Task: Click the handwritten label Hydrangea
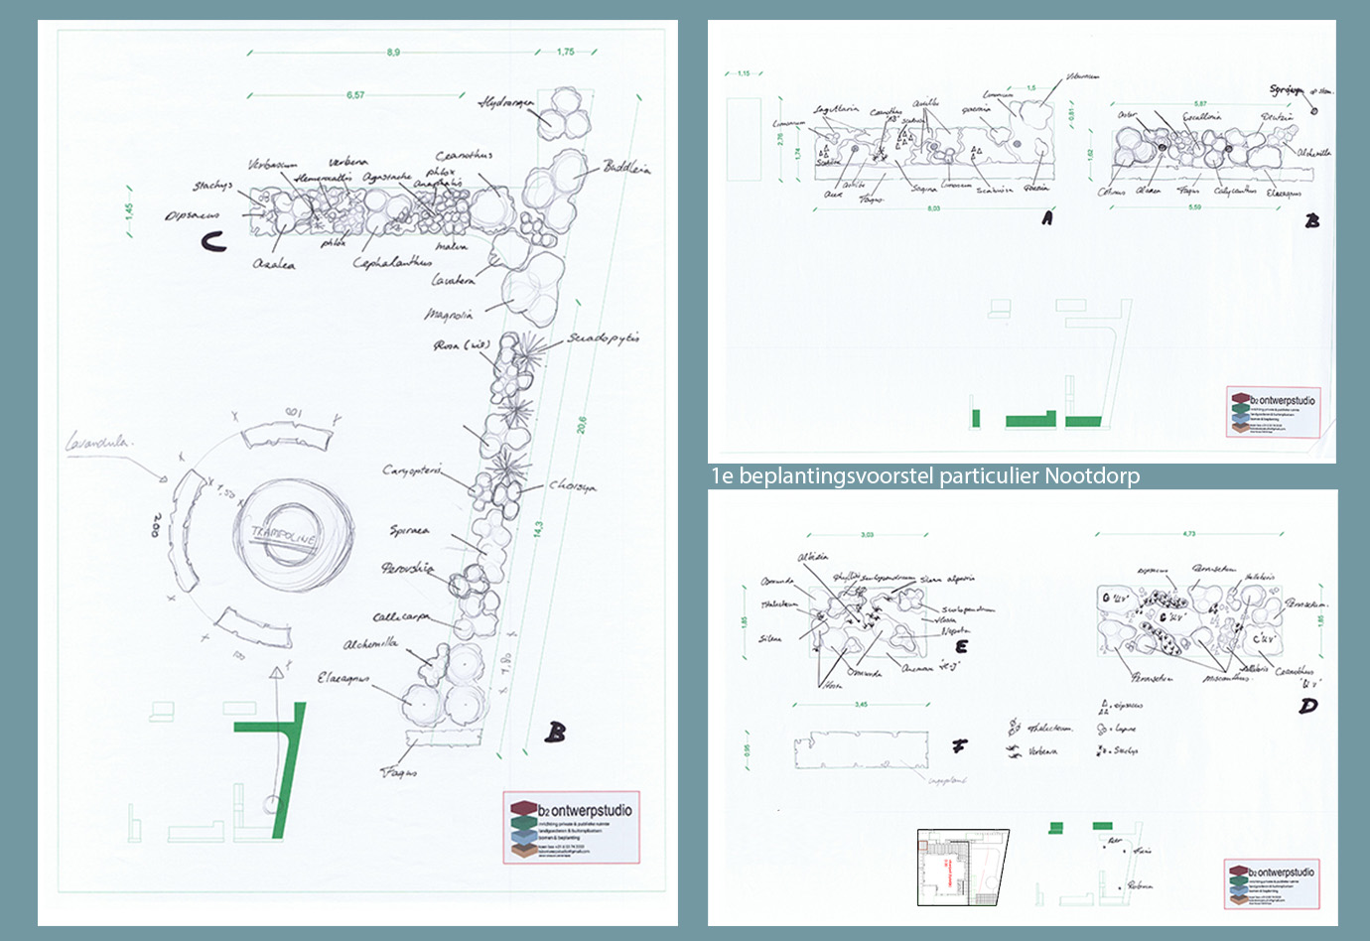tap(506, 103)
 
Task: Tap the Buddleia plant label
tap(626, 168)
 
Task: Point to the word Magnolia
tap(449, 315)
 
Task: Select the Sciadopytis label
tap(604, 338)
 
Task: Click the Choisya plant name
tap(573, 486)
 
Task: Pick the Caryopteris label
tap(411, 470)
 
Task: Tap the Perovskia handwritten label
tap(407, 568)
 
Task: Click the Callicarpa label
tap(402, 616)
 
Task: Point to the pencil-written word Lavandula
tap(98, 443)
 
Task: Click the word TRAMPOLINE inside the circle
tap(283, 536)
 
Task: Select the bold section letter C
tap(213, 241)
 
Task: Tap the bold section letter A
tap(1047, 218)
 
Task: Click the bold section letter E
tap(961, 646)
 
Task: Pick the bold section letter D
tap(1307, 706)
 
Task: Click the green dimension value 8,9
tap(394, 53)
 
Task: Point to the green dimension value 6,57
tap(355, 95)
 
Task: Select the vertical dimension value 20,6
tap(582, 424)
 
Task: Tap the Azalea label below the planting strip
tap(274, 264)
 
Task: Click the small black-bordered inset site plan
tap(962, 868)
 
